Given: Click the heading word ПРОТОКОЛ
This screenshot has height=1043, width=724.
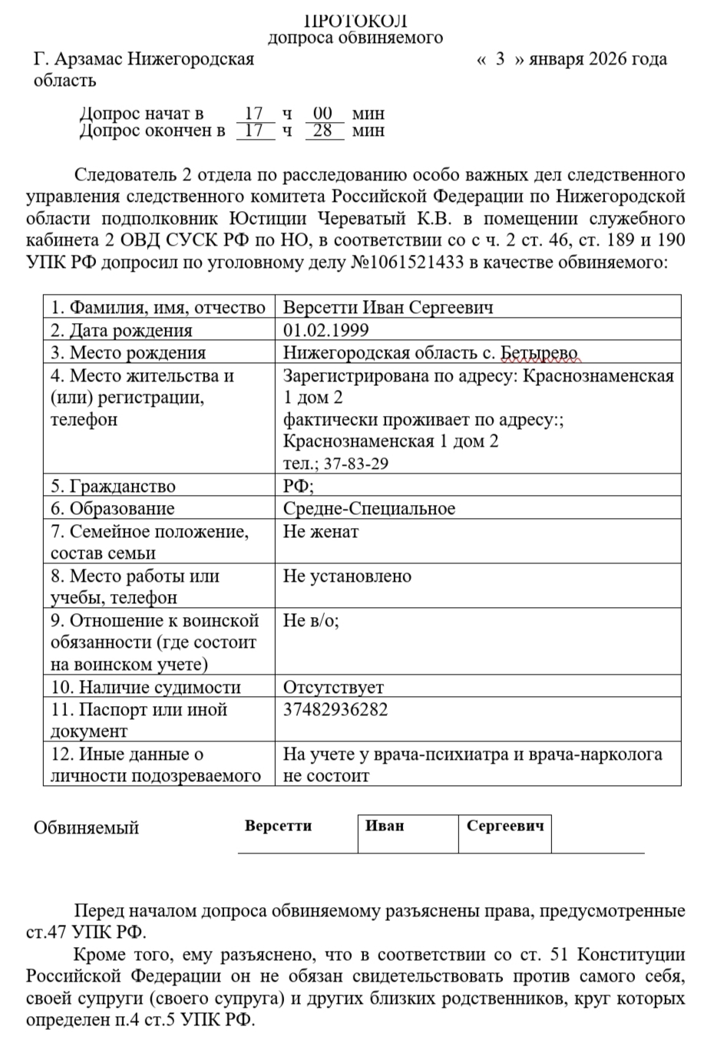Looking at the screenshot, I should [x=355, y=21].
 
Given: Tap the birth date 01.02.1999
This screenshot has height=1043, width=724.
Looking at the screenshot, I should [x=326, y=330].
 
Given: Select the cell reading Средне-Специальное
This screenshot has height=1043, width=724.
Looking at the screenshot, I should [x=369, y=509].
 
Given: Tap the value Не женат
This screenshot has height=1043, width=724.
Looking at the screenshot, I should [x=320, y=531].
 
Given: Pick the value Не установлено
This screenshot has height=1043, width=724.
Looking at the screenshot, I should [x=347, y=576].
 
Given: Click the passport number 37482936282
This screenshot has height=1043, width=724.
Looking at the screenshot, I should [x=336, y=709].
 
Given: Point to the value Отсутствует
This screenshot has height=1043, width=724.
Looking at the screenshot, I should [x=333, y=687].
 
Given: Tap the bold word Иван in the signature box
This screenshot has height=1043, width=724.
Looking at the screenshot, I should [x=385, y=826].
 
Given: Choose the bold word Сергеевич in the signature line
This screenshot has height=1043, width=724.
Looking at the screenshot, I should [x=505, y=826].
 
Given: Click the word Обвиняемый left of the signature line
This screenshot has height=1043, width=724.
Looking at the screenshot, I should [x=87, y=828].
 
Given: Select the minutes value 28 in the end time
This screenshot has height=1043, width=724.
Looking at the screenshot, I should [x=323, y=130].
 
